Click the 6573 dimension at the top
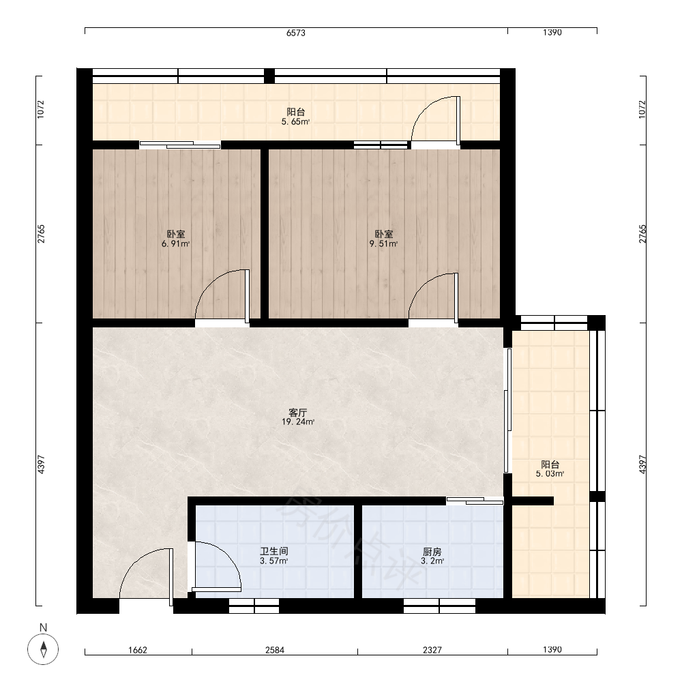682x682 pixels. click(x=296, y=33)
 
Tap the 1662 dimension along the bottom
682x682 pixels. click(x=138, y=650)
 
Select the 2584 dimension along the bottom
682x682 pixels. click(x=274, y=650)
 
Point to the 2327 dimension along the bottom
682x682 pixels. click(x=432, y=650)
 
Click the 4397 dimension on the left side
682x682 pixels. click(x=41, y=464)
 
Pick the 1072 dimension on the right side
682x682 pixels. click(x=642, y=109)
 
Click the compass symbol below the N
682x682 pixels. click(x=43, y=649)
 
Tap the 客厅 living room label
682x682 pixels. click(x=298, y=413)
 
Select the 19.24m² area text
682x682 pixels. click(x=298, y=421)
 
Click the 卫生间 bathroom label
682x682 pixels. click(x=274, y=552)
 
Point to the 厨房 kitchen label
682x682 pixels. click(x=432, y=552)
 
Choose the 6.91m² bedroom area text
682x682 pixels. click(x=175, y=243)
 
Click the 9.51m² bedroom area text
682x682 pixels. click(x=383, y=243)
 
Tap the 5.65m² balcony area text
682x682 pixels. click(x=295, y=122)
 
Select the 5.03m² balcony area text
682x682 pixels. click(x=550, y=474)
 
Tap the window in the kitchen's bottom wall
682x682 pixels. click(x=439, y=606)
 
